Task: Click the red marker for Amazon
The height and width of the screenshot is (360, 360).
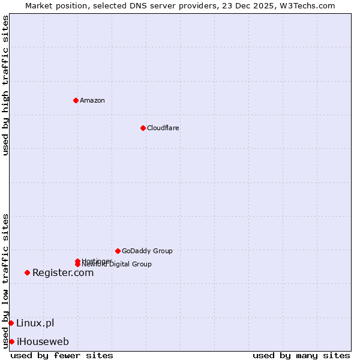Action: (76, 100)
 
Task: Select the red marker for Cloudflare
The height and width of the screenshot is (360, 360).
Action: (143, 128)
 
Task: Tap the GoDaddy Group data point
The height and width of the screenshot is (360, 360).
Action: (118, 251)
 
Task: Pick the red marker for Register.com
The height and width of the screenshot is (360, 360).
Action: (27, 273)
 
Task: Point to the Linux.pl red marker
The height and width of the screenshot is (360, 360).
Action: (11, 323)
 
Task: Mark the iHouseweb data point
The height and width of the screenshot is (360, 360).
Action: (11, 342)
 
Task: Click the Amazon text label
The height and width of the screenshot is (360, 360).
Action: (92, 100)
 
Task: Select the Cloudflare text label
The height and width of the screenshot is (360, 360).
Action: (163, 128)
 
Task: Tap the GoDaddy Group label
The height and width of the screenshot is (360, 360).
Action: (147, 251)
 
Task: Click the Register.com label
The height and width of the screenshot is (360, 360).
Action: (63, 273)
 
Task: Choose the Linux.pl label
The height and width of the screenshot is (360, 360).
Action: (35, 323)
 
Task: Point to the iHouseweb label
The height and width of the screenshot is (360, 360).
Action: (43, 342)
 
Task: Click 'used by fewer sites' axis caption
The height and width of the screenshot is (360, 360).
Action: (62, 356)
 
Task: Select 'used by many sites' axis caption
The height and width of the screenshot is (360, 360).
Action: (301, 356)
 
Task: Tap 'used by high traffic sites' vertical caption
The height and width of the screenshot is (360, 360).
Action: (5, 85)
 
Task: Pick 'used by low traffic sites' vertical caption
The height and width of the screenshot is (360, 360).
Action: (5, 281)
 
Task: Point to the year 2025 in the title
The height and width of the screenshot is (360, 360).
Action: (257, 5)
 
